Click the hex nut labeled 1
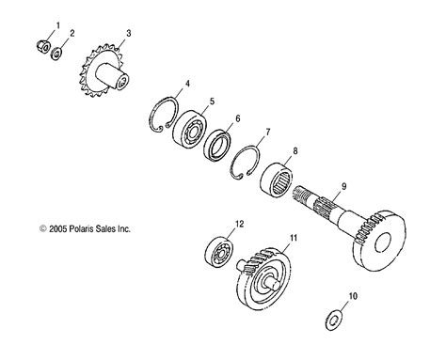point(42,46)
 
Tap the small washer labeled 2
point(56,54)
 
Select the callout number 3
point(129,34)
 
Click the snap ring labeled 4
point(165,115)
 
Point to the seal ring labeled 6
point(216,147)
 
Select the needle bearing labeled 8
point(277,180)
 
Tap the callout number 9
point(344,186)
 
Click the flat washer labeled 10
point(333,321)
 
